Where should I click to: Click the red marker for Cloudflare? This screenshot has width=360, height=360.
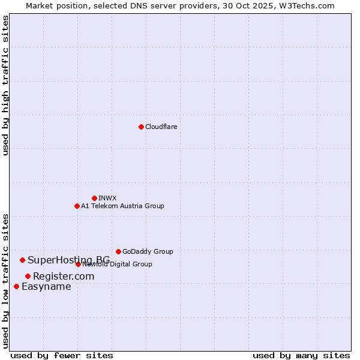pos(141,127)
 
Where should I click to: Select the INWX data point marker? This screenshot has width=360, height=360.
pos(94,198)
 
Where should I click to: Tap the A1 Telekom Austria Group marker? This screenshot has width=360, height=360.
pos(77,206)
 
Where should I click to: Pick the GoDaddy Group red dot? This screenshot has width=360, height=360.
pos(118,251)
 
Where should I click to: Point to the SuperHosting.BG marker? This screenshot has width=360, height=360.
pos(22,260)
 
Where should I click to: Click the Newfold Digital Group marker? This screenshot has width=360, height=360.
pos(78,264)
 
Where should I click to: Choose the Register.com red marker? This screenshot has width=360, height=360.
pos(28,276)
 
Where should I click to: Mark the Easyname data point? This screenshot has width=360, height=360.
pos(16,286)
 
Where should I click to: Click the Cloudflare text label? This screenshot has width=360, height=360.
pos(161,127)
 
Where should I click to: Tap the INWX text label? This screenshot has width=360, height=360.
pos(107,198)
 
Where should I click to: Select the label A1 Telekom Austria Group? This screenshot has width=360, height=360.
pos(122,206)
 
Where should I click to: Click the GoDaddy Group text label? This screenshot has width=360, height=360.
pos(148,251)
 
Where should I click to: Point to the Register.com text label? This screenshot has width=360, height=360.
pos(64,276)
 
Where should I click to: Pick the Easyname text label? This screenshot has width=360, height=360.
pos(46,286)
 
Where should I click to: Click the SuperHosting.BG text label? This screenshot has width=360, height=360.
pos(68,260)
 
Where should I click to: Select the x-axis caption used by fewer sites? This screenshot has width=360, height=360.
pos(62,355)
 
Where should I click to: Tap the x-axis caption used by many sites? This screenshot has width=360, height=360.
pos(301,355)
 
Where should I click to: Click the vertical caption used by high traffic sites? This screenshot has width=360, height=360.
pos(5,85)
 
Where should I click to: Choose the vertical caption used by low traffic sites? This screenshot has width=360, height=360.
pos(5,280)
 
